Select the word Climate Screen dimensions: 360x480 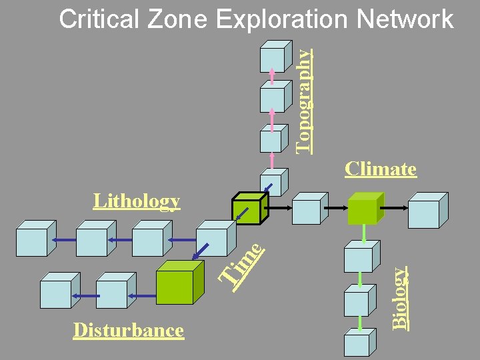pyautogui.click(x=381, y=169)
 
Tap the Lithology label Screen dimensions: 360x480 pyautogui.click(x=137, y=201)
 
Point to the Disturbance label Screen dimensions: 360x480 pyautogui.click(x=129, y=330)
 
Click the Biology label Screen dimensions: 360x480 pyautogui.click(x=399, y=297)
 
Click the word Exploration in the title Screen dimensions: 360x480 pyautogui.click(x=283, y=20)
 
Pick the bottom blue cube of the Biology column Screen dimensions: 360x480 pyautogui.click(x=357, y=344)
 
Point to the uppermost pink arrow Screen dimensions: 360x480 pyautogui.click(x=272, y=75)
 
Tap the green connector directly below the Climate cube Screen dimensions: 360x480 pyautogui.click(x=364, y=233)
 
